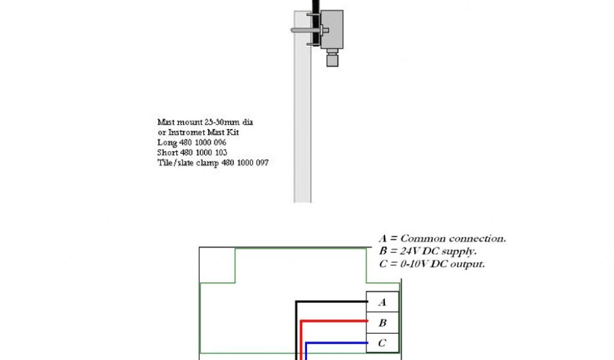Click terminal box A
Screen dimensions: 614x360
[383, 302]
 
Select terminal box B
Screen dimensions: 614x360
[383, 322]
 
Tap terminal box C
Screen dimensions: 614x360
[383, 343]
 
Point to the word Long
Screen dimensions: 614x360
[166, 143]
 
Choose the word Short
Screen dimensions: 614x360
[168, 152]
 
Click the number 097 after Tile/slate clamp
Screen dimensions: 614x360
[259, 163]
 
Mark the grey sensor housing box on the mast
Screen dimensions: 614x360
[332, 29]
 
